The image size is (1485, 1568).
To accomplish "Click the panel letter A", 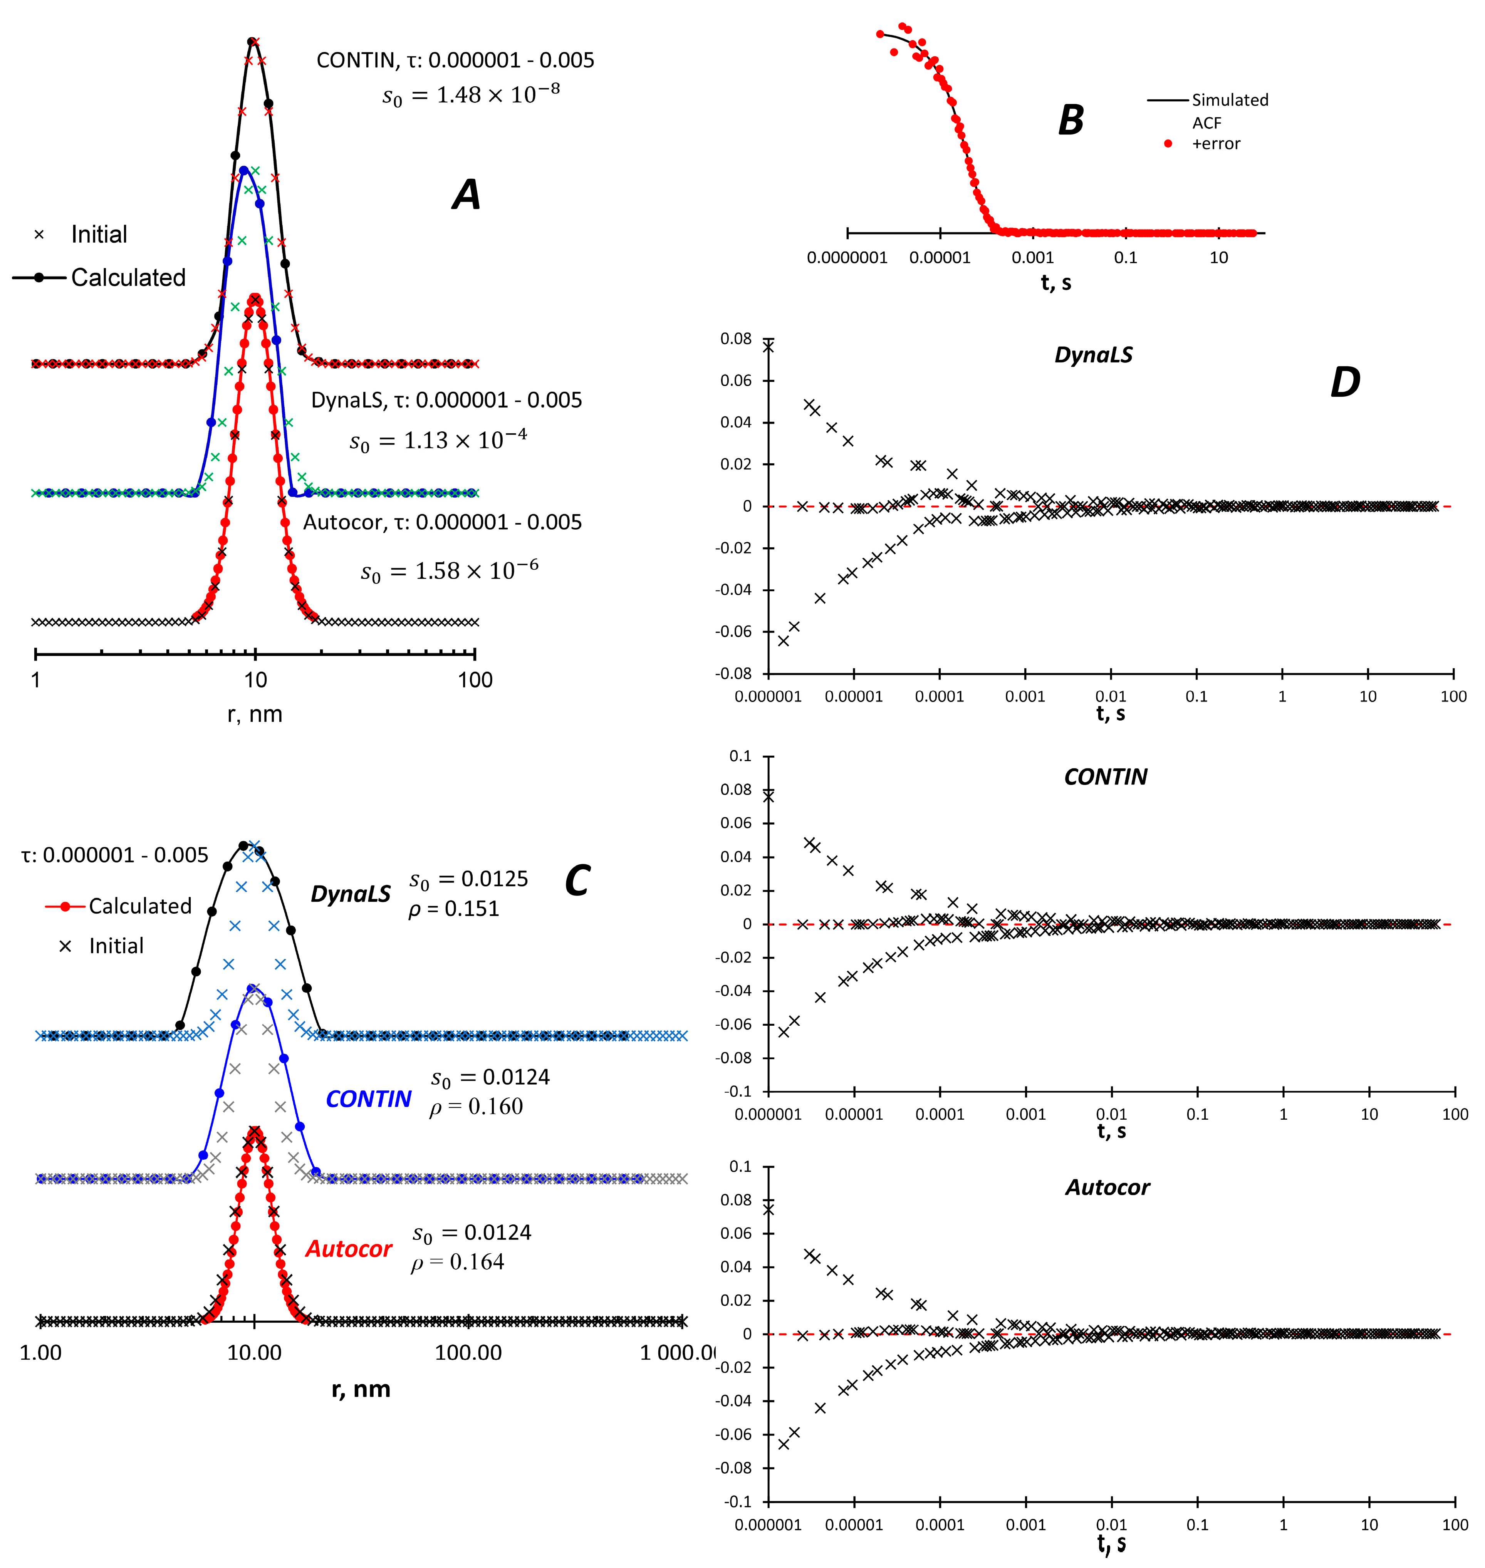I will [466, 195].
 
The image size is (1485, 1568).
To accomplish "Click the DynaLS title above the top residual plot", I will [1093, 355].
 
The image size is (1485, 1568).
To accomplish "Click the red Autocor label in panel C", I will [348, 1249].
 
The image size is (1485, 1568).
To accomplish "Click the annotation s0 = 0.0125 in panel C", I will [469, 879].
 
